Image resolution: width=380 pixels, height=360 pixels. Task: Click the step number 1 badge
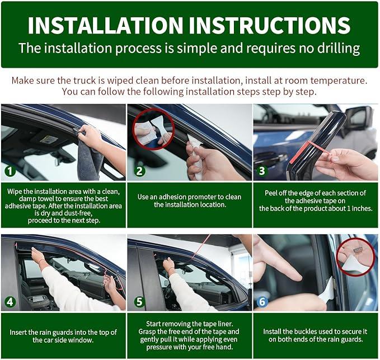coord(10,171)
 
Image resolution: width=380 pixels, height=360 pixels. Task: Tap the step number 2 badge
coord(139,171)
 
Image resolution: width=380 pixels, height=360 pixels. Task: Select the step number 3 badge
coord(262,170)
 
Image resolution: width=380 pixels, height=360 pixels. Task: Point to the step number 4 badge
coord(10,302)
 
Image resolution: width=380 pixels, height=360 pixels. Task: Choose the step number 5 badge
coord(139,302)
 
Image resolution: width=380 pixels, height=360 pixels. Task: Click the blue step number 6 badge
coord(262,302)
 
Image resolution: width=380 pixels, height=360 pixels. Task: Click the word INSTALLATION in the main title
coord(105,25)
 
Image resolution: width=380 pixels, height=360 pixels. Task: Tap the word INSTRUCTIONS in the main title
coord(270,25)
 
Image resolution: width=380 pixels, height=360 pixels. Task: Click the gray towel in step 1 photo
coord(90,155)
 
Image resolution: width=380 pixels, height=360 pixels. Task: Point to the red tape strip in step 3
coord(308,151)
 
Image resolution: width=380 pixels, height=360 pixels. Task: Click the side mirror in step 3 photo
coord(358,119)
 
